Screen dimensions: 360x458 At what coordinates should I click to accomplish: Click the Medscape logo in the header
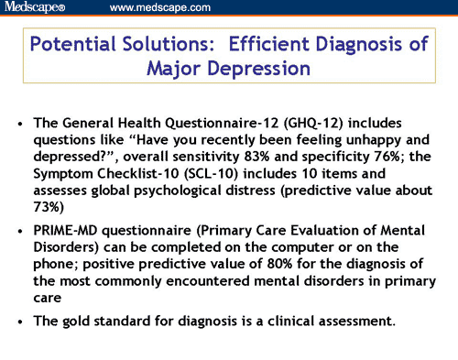(x=34, y=8)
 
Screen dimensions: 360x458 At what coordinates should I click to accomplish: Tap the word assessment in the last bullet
(x=355, y=322)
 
